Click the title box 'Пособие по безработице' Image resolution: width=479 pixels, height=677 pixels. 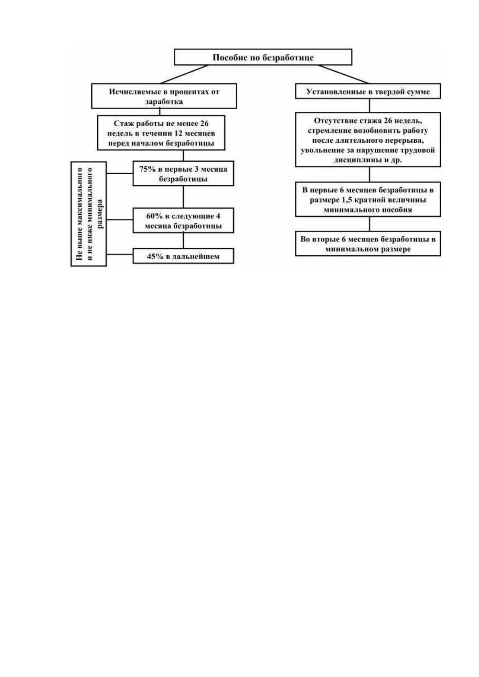pyautogui.click(x=263, y=57)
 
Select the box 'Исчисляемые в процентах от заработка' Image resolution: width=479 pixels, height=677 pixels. pyautogui.click(x=164, y=96)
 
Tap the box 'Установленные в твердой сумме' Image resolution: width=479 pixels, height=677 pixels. pyautogui.click(x=368, y=91)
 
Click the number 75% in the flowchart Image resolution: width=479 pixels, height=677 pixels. pyautogui.click(x=147, y=169)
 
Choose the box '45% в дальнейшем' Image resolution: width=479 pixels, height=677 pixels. pyautogui.click(x=183, y=256)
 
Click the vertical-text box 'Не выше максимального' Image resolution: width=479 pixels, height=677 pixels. pyautogui.click(x=88, y=214)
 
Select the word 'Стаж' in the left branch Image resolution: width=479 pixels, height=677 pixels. pyautogui.click(x=122, y=123)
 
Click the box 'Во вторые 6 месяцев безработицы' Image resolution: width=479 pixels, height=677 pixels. pyautogui.click(x=368, y=244)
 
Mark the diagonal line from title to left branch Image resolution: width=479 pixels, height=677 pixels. pyautogui.click(x=185, y=74)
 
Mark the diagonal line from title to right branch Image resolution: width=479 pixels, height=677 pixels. pyautogui.click(x=343, y=74)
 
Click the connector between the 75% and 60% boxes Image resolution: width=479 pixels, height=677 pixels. pyautogui.click(x=183, y=197)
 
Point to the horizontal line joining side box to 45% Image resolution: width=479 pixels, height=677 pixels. pyautogui.click(x=119, y=254)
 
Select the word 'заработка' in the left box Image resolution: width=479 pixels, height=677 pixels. pyautogui.click(x=164, y=102)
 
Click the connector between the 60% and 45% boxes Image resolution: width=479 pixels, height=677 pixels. pyautogui.click(x=183, y=240)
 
